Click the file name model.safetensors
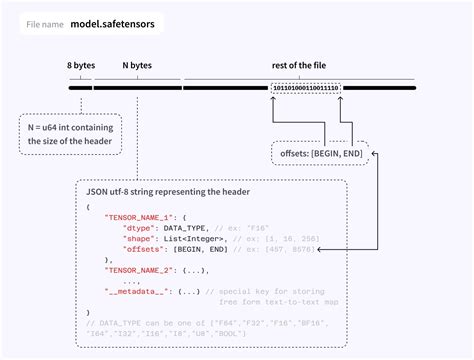(112, 23)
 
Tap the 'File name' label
(44, 23)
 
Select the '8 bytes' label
(81, 65)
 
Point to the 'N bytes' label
(137, 65)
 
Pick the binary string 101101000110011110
(305, 87)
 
